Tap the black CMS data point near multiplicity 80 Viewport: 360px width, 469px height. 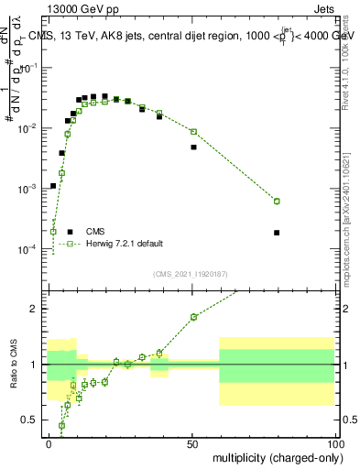[277, 233]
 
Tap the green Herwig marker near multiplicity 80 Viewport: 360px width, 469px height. [277, 202]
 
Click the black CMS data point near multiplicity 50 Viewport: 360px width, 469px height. [193, 147]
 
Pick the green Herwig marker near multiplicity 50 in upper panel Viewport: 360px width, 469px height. [193, 131]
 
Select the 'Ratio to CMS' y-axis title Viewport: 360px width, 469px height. [12, 364]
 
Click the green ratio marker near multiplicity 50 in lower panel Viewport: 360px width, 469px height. [193, 317]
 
